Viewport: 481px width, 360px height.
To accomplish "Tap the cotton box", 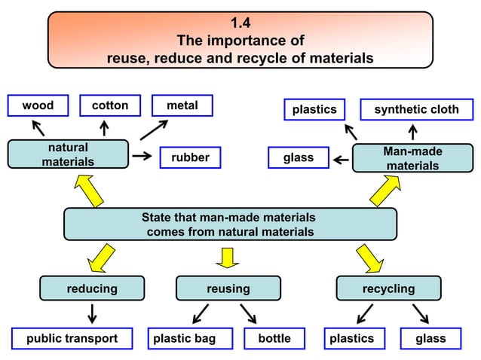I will (110, 106).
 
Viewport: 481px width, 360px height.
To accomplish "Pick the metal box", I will (182, 106).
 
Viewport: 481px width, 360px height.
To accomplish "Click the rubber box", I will (190, 158).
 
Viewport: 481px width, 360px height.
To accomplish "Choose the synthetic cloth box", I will (416, 110).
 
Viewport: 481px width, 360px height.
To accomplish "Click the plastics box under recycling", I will (351, 339).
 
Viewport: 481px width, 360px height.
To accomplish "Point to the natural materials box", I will (68, 154).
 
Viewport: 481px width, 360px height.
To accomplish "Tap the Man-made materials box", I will (412, 158).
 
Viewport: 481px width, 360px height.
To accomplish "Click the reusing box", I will (228, 288).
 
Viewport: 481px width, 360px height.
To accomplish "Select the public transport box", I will (72, 339).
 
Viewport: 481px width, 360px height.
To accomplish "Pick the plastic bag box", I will (184, 339).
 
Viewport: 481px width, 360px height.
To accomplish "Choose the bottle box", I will (274, 339).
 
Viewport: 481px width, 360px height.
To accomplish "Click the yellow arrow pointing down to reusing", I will (226, 257).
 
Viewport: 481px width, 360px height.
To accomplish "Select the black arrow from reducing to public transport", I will (92, 313).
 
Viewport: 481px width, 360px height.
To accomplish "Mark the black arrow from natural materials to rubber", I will (141, 157).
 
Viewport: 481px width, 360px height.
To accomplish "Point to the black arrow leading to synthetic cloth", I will (414, 132).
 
